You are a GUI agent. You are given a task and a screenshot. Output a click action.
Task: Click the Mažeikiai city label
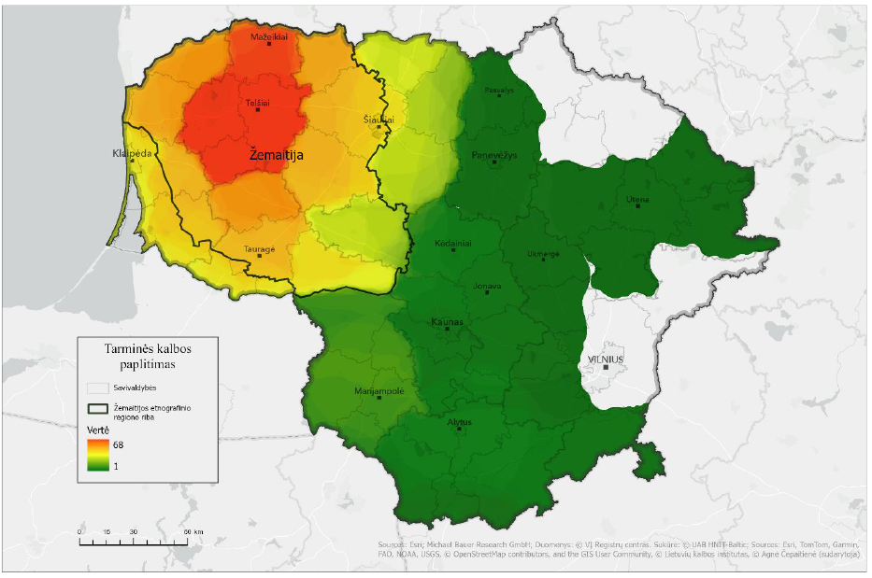click(x=269, y=36)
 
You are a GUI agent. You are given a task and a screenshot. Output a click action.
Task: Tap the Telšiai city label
click(x=257, y=103)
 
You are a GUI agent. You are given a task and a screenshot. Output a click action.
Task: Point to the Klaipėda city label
click(x=132, y=153)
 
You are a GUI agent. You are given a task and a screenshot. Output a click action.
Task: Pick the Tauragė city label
click(x=260, y=248)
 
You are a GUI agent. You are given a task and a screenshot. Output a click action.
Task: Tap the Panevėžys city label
click(x=493, y=155)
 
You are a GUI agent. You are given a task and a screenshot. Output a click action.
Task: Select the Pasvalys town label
click(x=499, y=91)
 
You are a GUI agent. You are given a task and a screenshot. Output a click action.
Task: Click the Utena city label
click(x=637, y=199)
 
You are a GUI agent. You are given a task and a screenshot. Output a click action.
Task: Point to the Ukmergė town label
click(x=543, y=253)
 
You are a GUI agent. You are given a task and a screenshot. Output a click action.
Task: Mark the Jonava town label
click(x=487, y=286)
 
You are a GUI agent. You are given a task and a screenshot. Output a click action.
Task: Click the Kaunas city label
click(x=446, y=322)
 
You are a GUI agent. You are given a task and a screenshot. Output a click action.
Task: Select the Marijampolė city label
click(x=379, y=391)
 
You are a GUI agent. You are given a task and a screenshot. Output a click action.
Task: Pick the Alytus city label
click(x=459, y=422)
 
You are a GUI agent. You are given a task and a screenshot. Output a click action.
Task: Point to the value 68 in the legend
click(x=117, y=445)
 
